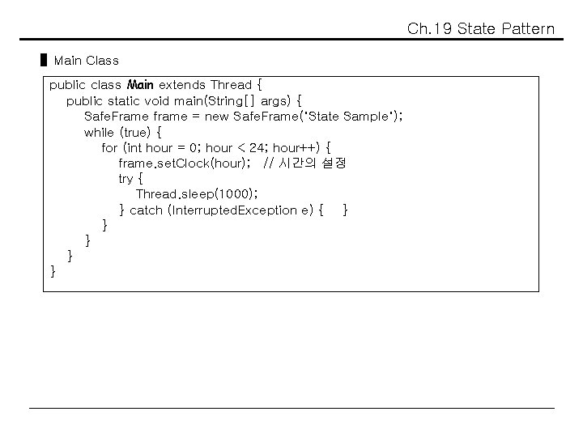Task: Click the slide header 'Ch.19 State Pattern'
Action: [x=481, y=30]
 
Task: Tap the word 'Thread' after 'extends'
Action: [x=230, y=84]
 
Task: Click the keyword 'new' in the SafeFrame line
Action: [x=216, y=116]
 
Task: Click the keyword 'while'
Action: [x=99, y=132]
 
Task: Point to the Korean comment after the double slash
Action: [x=312, y=163]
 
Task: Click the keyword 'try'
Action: [x=126, y=179]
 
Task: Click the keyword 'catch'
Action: [x=146, y=210]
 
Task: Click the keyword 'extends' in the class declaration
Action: [x=182, y=84]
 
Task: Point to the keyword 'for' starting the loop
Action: [x=109, y=147]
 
